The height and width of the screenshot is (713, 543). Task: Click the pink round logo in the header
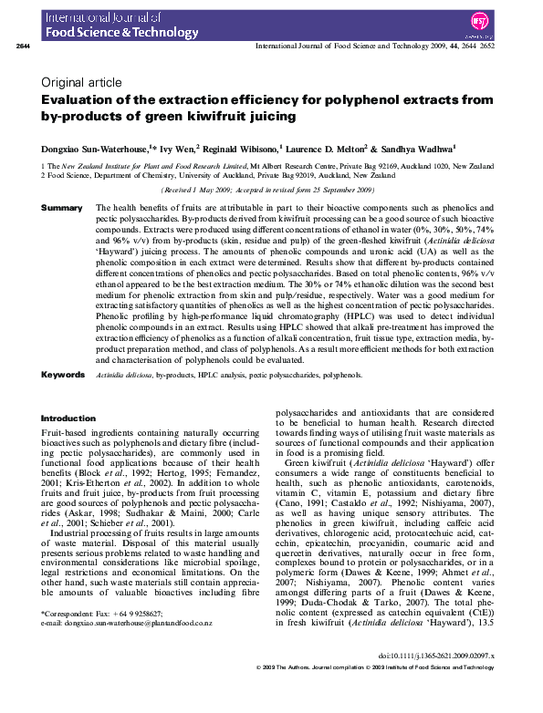(x=504, y=20)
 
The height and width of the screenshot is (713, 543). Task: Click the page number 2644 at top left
(x=25, y=46)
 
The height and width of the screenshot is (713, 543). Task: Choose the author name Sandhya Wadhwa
(x=423, y=147)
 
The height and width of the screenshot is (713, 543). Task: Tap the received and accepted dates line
(x=268, y=190)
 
